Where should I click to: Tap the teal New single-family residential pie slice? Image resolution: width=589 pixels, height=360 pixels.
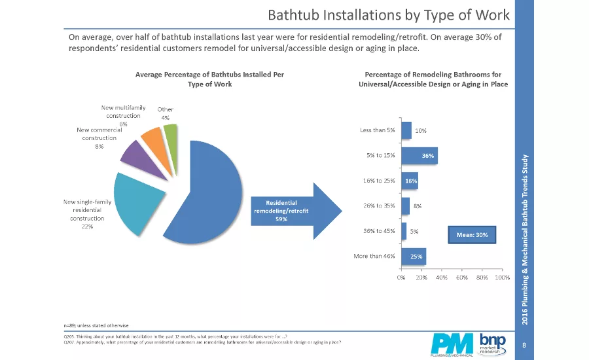[141, 203]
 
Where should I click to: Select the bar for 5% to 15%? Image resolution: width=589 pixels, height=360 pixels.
[418, 156]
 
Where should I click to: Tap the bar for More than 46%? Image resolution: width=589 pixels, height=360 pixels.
[414, 256]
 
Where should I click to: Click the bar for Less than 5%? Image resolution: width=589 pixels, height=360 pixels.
[406, 130]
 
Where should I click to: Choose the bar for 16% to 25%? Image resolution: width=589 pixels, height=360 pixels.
[409, 181]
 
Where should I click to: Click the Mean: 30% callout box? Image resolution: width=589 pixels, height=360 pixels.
[472, 234]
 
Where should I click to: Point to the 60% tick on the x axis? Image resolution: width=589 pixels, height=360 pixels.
[461, 278]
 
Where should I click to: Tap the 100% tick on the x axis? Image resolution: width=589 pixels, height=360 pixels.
[502, 278]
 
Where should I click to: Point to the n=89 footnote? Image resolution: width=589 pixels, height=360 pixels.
[96, 325]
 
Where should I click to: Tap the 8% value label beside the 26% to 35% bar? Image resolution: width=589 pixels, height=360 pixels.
[417, 206]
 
